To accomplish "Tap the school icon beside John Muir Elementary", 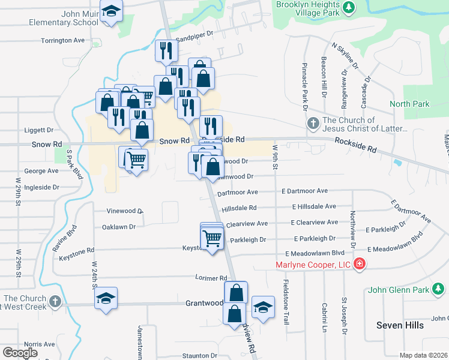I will point(111,12).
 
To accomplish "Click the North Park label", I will point(409,104).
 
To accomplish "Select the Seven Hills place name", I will point(400,325).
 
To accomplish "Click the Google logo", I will point(20,352).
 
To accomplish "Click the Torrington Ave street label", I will point(63,40).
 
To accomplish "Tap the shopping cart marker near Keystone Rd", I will point(212,238).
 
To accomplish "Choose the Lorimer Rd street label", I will point(211,278).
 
